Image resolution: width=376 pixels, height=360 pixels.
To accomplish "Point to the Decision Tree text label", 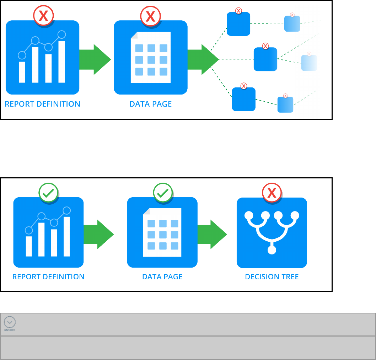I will coord(272,277).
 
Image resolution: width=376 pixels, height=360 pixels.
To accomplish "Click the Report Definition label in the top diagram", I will coord(42,104).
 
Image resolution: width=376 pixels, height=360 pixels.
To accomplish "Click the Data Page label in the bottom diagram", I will coord(162,277).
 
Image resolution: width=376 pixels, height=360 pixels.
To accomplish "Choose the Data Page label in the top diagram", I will coord(150,104).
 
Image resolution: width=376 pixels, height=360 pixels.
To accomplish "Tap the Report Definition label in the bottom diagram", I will coord(48,277).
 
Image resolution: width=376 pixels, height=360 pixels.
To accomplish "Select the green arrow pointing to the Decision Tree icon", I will coord(212,235).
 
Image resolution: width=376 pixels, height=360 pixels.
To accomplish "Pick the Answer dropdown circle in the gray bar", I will coord(10,322).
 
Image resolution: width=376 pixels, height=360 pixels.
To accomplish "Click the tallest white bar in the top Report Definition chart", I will coord(61,62).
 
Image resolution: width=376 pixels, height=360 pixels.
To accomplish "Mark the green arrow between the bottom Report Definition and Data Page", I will coord(98,235).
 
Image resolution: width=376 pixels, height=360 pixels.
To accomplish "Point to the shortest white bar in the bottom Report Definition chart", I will coord(29,246).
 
